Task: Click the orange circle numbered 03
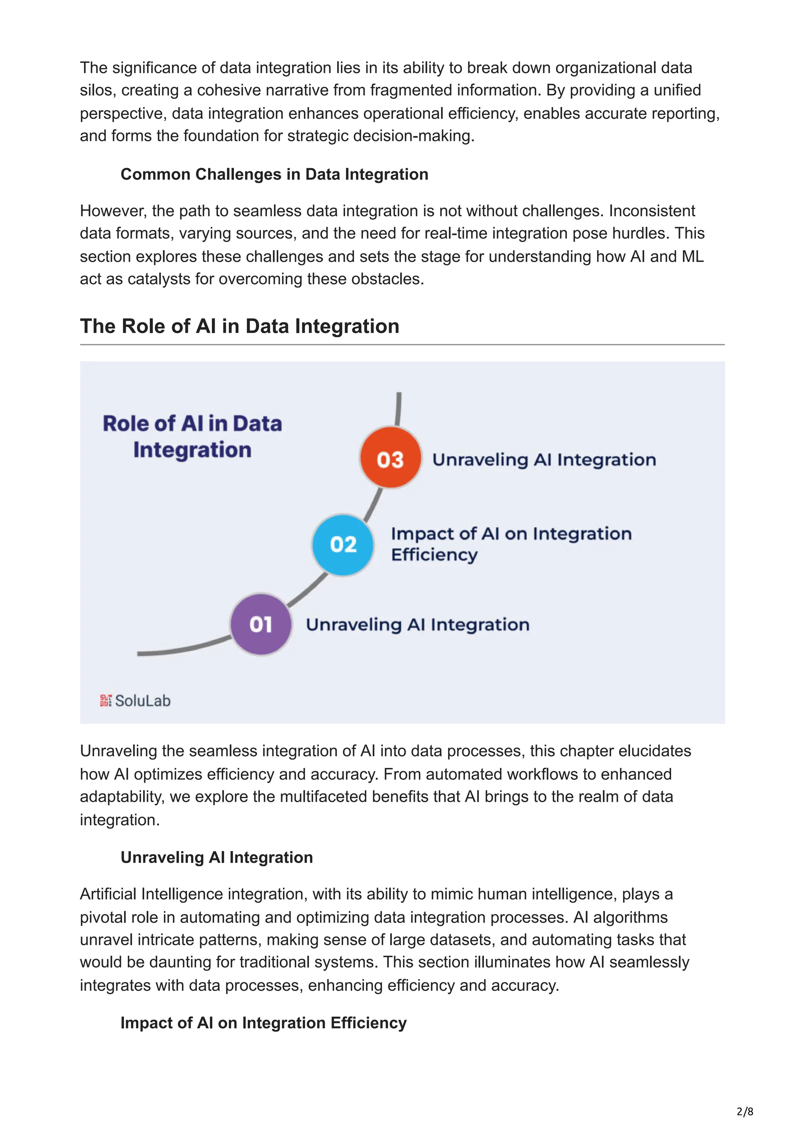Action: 390,458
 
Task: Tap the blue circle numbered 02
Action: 343,544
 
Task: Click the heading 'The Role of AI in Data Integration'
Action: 239,327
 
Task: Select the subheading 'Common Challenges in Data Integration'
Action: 274,174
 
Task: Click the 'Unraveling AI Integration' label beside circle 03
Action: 544,459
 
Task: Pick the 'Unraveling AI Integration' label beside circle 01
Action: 417,625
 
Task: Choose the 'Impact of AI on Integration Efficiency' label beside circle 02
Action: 511,544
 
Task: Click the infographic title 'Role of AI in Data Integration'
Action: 193,437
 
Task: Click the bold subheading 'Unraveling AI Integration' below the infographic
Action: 217,857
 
